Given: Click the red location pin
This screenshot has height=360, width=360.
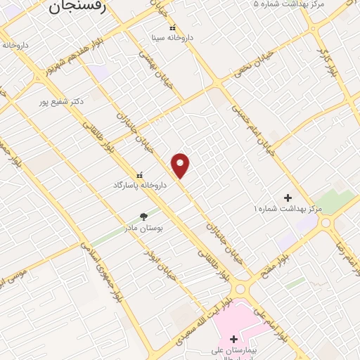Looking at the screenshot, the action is pos(181,165).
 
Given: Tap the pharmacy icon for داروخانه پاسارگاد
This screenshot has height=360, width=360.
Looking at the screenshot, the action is pos(139,174).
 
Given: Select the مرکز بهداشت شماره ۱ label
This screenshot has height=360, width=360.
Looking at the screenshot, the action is pos(288,209).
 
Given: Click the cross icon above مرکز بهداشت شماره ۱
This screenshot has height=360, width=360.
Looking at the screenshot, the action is pos(288,198).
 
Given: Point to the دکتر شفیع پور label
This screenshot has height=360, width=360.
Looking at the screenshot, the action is pos(61,101).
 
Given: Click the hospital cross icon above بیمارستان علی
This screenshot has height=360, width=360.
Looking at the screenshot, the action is pos(233,339).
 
